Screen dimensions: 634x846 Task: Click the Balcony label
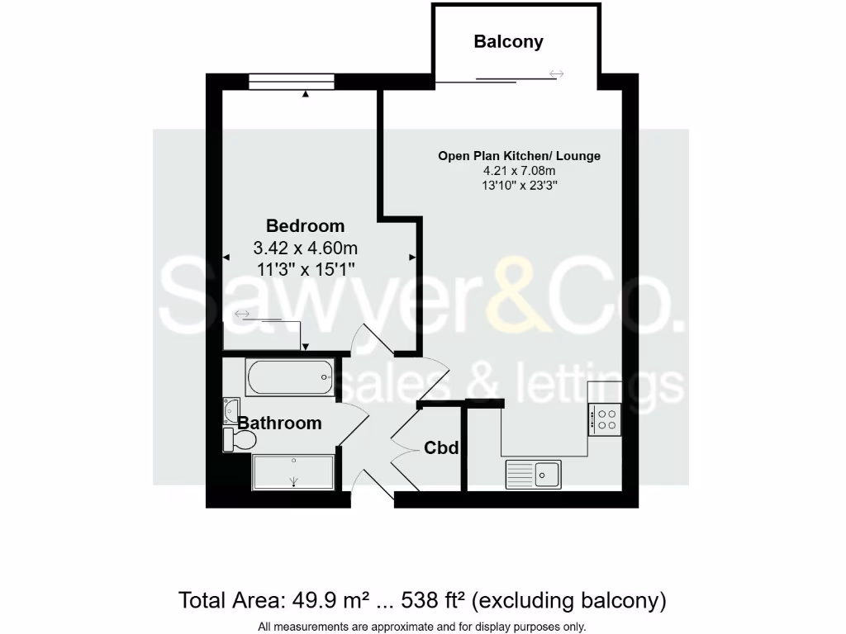(508, 41)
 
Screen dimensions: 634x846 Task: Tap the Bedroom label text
(305, 225)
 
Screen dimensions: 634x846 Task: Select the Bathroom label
(279, 423)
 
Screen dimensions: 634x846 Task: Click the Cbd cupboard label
(441, 447)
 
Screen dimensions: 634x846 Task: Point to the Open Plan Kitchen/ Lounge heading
(519, 155)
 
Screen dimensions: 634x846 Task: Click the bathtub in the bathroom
(290, 378)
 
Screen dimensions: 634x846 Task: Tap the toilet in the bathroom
(239, 439)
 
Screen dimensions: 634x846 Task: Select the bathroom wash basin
(231, 409)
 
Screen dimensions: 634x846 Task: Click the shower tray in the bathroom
(293, 472)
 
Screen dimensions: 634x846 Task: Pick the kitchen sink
(534, 473)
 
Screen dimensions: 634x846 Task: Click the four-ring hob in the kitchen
(605, 419)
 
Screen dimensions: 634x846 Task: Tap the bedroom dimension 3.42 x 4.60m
(305, 247)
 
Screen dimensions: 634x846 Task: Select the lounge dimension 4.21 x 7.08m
(519, 171)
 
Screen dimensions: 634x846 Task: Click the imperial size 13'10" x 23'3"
(519, 186)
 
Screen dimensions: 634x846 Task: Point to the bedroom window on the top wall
(292, 82)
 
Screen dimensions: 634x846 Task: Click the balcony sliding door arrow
(556, 74)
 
